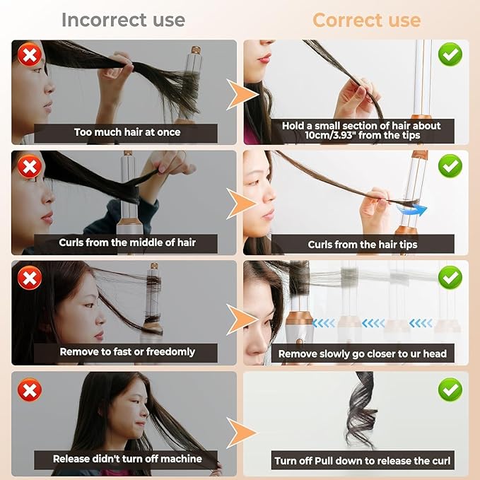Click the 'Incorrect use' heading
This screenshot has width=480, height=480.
click(124, 19)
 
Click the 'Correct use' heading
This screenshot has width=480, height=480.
click(366, 19)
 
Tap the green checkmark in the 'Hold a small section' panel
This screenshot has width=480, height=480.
click(450, 54)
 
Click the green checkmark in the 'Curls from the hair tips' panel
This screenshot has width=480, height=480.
click(450, 167)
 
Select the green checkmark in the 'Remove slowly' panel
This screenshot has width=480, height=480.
click(450, 278)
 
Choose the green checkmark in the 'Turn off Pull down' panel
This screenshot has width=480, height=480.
click(450, 389)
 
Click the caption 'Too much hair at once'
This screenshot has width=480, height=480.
click(127, 132)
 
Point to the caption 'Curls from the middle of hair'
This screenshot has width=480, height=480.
click(127, 242)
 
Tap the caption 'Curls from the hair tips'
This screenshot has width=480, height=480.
click(363, 245)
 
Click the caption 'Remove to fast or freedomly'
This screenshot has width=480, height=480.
click(127, 351)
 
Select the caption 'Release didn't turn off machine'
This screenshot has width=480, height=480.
click(127, 459)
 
